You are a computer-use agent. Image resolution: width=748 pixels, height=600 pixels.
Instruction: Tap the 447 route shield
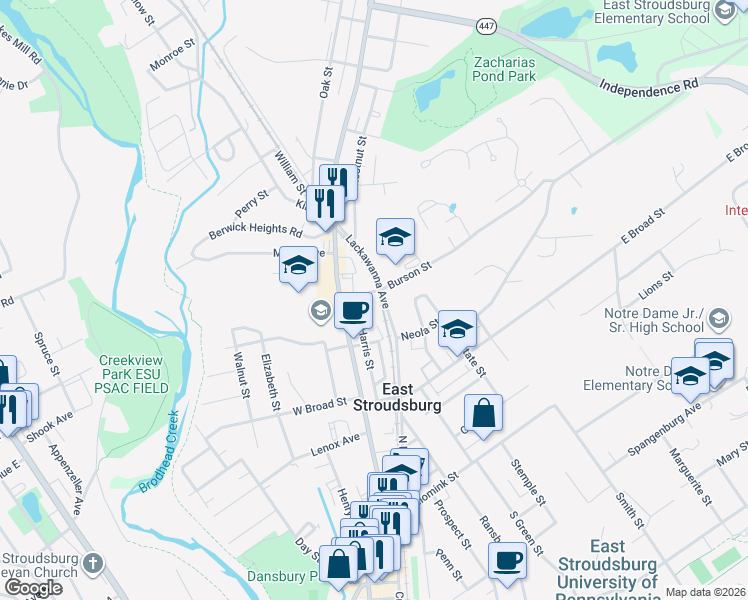pyautogui.click(x=486, y=25)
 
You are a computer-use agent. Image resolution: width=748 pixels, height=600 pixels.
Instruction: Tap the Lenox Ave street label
pyautogui.click(x=335, y=439)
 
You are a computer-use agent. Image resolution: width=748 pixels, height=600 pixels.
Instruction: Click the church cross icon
pyautogui.click(x=94, y=562)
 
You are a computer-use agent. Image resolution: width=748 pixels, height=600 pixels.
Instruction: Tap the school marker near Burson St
pyautogui.click(x=395, y=238)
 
